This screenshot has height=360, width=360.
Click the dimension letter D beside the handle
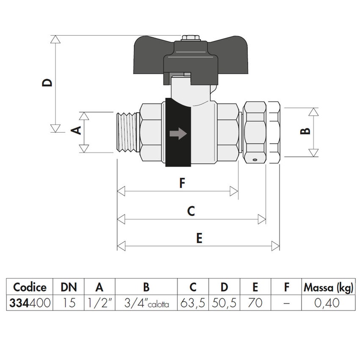click(49, 82)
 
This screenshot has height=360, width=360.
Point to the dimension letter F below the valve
click(182, 183)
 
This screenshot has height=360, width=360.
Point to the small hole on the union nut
click(255, 160)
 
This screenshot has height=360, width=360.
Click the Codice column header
click(30, 287)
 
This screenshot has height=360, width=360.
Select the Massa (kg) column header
click(328, 287)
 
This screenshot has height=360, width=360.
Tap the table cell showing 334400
click(30, 303)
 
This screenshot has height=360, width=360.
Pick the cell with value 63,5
click(193, 303)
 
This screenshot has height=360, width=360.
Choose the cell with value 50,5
click(224, 303)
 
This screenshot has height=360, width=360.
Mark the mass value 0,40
click(328, 303)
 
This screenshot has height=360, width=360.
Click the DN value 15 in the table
click(69, 303)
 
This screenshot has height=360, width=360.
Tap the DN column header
click(69, 287)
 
